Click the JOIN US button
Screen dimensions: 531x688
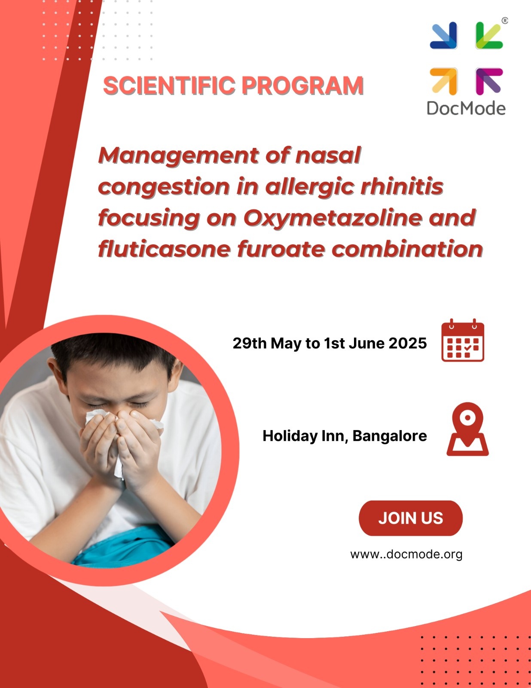point(411,518)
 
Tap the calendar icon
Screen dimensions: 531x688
point(463,341)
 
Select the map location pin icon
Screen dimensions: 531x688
point(467,429)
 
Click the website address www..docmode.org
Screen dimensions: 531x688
point(406,555)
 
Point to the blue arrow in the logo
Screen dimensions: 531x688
point(444,35)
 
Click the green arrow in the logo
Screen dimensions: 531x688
point(489,35)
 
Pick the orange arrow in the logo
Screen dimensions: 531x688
point(444,81)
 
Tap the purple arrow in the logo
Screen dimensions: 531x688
point(489,81)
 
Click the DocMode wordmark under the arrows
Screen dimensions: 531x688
point(466,109)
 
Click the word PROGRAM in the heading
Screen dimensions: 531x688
point(302,86)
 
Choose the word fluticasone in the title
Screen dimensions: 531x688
point(164,249)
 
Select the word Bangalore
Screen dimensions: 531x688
point(390,436)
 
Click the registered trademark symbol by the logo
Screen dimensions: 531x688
point(505,21)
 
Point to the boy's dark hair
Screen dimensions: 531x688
point(114,355)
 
